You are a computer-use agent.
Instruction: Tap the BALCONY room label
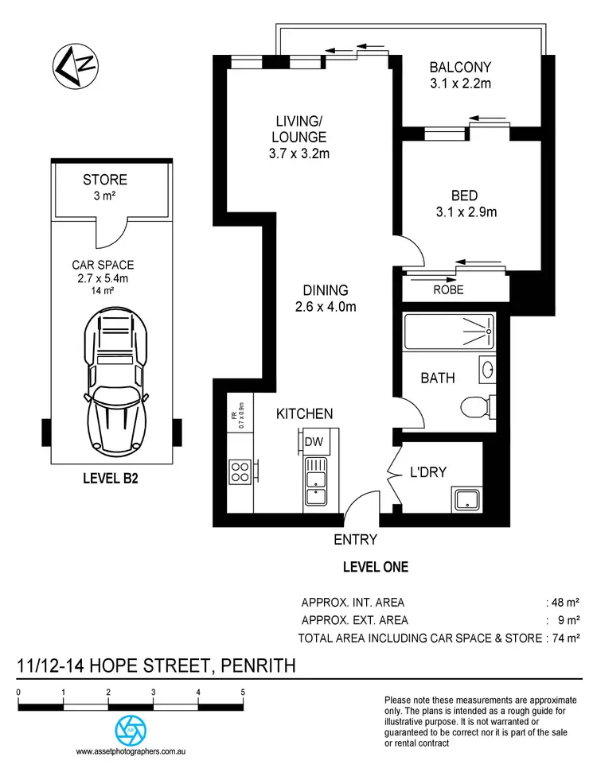(460, 68)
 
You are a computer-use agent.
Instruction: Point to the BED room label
(443, 195)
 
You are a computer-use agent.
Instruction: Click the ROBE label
(448, 289)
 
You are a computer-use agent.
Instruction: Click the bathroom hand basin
(487, 369)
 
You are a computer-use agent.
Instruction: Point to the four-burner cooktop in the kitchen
(240, 472)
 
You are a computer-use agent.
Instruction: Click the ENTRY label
(355, 540)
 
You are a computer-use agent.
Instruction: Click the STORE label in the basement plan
(105, 180)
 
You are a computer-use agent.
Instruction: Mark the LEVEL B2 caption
(111, 479)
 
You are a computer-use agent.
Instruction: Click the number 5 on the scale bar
(242, 692)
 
